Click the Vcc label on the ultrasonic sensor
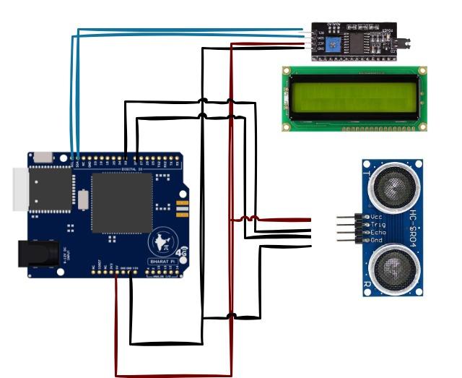376,216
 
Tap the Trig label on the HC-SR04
378,224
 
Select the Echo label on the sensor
378,232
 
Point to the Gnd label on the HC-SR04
376,240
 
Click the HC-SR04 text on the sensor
414,231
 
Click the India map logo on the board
160,241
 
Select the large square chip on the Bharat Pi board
121,203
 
